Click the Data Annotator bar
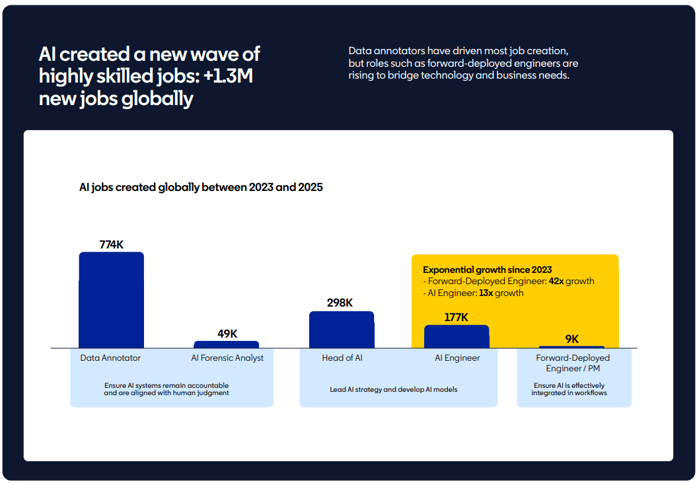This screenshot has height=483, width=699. coord(111,300)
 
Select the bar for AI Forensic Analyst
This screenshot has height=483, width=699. coord(226,344)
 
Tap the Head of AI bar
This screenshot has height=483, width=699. coord(341,330)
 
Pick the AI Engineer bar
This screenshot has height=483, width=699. coord(457,336)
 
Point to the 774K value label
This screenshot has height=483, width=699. coord(111,244)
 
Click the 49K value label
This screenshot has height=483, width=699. coord(227,334)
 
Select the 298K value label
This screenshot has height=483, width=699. coord(340,303)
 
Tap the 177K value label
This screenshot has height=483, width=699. coord(456,317)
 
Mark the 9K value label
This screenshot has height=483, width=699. coord(571,339)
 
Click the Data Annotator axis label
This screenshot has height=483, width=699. coord(110,358)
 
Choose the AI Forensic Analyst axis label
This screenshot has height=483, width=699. coord(227,358)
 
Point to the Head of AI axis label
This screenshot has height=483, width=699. coord(342,358)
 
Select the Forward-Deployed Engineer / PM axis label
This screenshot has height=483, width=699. coord(573,363)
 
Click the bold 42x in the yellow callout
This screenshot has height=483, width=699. coord(556,281)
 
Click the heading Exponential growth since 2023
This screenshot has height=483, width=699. coord(487,270)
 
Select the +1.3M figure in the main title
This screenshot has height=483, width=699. coord(229,77)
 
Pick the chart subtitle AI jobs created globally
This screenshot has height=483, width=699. coord(201,188)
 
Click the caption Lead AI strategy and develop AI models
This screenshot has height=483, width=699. coord(394,389)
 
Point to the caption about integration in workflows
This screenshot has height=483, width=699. coord(569,389)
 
